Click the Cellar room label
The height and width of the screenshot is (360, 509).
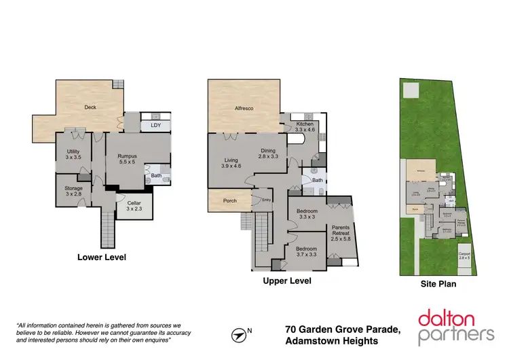[x=133, y=205]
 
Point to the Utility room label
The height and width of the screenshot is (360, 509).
[x=73, y=155]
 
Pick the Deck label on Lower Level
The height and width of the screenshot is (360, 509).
[x=90, y=107]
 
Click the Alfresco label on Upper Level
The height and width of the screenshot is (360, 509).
[x=244, y=108]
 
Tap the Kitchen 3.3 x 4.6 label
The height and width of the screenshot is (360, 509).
[x=305, y=128]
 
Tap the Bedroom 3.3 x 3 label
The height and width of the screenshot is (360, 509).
[x=307, y=215]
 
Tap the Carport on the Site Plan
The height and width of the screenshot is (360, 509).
[x=464, y=255]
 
